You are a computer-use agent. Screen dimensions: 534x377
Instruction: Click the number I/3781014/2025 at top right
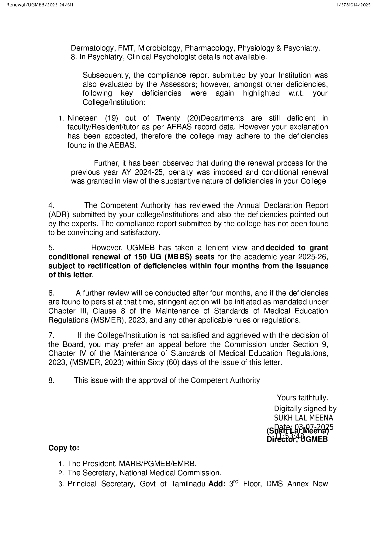tap(354, 5)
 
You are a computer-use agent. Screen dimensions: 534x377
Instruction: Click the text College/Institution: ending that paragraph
tap(114, 102)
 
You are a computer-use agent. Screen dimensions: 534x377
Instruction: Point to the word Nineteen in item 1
tap(82, 118)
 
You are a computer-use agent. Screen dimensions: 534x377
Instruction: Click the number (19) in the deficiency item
tap(112, 118)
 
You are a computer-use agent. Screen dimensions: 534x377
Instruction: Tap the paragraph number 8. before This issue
tap(51, 380)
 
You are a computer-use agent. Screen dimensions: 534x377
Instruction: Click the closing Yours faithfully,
tap(302, 398)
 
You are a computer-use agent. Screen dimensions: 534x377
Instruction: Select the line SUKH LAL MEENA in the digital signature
tap(303, 418)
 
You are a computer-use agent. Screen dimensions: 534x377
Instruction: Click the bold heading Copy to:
tap(64, 448)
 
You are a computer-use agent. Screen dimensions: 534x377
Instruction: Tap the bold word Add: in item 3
tap(217, 484)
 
